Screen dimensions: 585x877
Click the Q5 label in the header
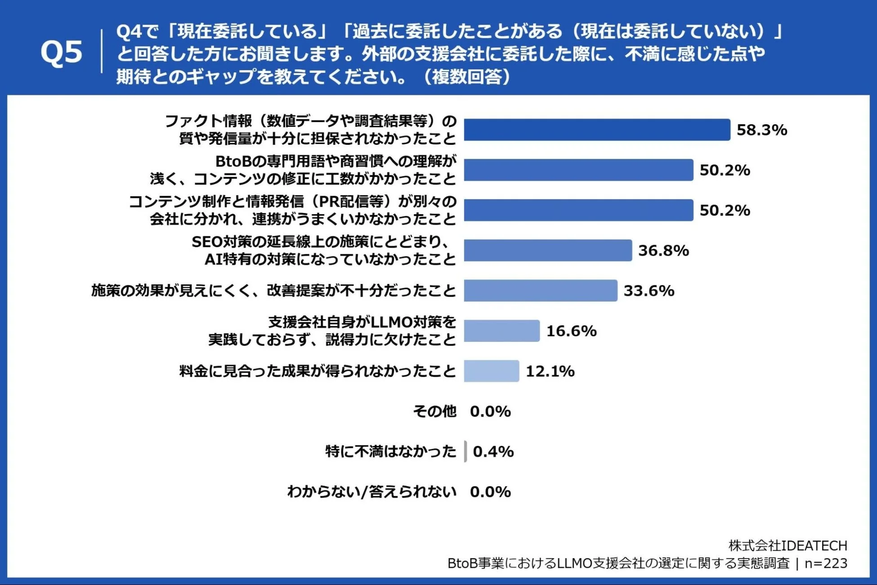tap(61, 52)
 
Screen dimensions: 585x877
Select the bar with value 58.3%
tap(597, 130)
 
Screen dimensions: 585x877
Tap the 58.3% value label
tap(761, 130)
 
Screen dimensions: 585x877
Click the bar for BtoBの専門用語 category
tap(578, 170)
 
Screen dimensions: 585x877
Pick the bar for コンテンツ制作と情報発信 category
tap(578, 210)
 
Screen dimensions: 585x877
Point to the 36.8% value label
tap(663, 251)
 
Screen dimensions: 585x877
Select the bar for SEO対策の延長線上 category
tap(548, 251)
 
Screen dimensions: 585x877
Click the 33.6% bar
tap(540, 291)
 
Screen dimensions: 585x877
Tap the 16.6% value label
tap(571, 331)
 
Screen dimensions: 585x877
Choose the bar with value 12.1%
tap(491, 371)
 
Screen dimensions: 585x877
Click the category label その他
tap(434, 411)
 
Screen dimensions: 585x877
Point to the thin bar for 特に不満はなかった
tap(465, 451)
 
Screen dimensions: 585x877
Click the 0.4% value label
tap(493, 451)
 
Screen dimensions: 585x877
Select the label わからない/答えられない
tap(371, 492)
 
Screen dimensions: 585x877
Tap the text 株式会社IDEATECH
tap(788, 546)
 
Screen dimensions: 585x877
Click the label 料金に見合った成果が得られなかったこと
tap(318, 371)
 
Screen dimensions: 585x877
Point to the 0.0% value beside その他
tap(490, 411)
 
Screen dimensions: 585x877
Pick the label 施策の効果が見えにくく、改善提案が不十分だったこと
tap(273, 291)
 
